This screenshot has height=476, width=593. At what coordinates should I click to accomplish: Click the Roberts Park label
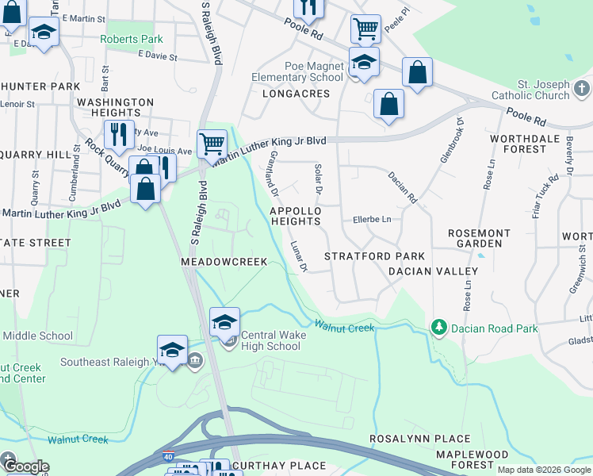[x=131, y=39]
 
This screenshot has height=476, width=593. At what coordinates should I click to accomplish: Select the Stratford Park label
[x=374, y=256]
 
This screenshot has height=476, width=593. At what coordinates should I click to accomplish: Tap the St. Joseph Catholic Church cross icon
[x=581, y=87]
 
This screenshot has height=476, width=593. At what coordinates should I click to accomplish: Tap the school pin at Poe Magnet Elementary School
[x=364, y=62]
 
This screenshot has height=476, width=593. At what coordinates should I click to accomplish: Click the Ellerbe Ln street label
[x=373, y=219]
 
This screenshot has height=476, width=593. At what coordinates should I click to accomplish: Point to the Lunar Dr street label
[x=298, y=256]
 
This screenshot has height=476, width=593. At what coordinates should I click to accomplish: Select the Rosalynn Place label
[x=420, y=439]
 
